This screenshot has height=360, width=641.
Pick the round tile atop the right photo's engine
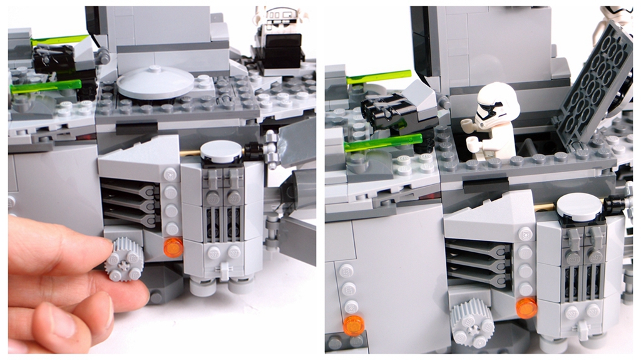pyautogui.click(x=579, y=204)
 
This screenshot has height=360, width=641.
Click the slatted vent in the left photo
pyautogui.click(x=129, y=202)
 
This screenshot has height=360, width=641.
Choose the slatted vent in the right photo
pyautogui.click(x=478, y=264)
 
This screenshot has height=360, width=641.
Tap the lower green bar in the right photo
pyautogui.click(x=382, y=143)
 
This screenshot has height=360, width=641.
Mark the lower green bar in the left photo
pyautogui.click(x=45, y=86)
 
